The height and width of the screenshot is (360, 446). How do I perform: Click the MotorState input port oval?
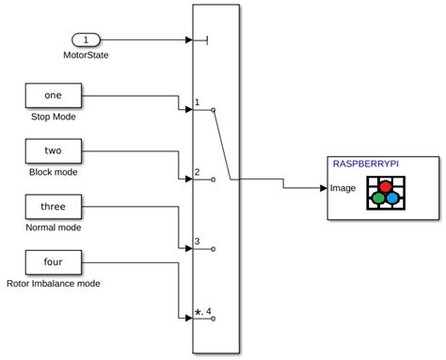86,40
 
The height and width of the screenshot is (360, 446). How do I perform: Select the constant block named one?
53,96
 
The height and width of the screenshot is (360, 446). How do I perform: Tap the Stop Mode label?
54,117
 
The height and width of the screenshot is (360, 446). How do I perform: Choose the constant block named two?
53,150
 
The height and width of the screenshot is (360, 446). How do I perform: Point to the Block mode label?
54,172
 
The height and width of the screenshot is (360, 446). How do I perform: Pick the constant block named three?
53,205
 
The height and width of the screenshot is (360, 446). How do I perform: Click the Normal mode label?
54,227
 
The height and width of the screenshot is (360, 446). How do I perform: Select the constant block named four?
53,260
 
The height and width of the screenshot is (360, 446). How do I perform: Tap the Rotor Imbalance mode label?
54,283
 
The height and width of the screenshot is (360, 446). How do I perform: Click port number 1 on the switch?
197,102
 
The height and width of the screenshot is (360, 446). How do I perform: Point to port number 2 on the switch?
197,172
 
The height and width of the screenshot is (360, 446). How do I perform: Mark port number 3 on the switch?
197,242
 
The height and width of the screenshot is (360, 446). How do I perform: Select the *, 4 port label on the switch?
202,311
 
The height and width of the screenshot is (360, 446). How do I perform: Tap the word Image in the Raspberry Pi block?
342,188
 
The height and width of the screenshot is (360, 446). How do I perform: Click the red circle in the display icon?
384,187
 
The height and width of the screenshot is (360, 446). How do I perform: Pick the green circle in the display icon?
377,198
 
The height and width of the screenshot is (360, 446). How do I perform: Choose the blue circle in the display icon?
391,198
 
